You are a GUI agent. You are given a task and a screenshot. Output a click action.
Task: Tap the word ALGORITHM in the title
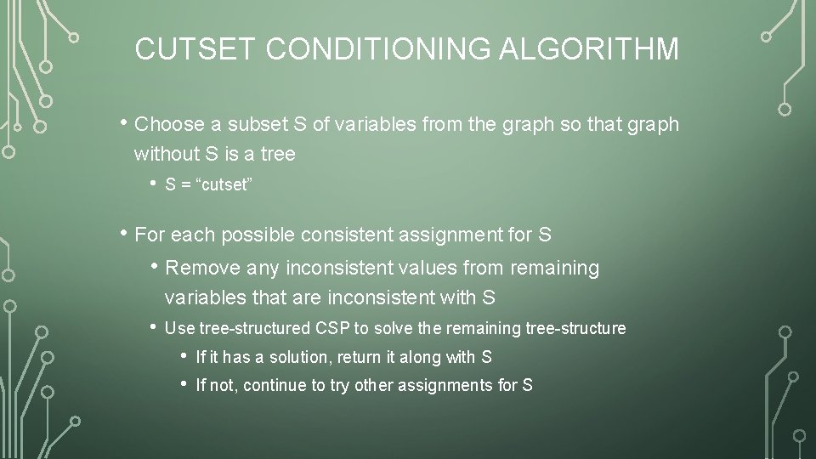(x=589, y=48)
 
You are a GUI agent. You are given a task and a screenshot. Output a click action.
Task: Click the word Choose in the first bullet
(x=170, y=125)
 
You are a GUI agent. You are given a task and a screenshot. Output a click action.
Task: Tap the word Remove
(x=204, y=269)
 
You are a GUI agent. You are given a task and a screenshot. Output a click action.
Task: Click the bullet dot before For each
(x=125, y=233)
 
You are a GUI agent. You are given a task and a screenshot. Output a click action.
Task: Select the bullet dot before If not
(x=185, y=385)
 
